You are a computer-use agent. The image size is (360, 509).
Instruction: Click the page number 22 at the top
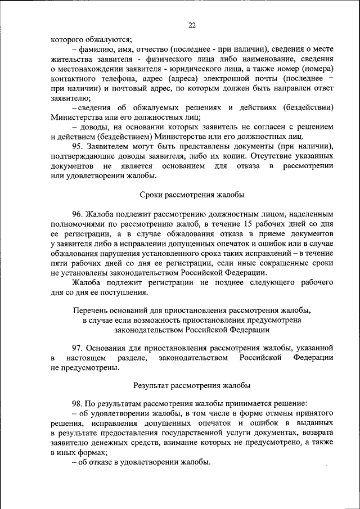click(192, 25)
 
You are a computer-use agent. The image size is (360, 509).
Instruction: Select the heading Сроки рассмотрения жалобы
click(192, 195)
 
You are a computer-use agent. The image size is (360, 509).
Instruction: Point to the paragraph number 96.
click(78, 214)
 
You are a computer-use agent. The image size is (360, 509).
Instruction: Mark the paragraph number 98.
click(78, 404)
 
